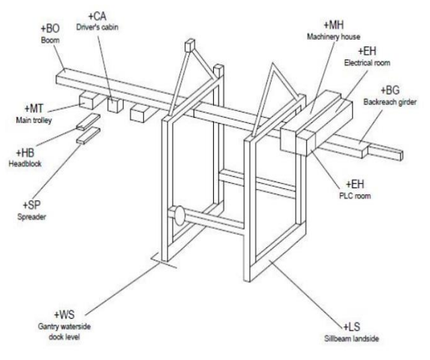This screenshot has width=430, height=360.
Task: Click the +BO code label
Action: [50, 28]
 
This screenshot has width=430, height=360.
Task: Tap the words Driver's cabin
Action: [98, 27]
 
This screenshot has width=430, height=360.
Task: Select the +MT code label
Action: [34, 109]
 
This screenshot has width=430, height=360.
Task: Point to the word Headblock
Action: [26, 163]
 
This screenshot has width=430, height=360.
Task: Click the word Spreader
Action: [32, 217]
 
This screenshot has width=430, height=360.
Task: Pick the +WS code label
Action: [65, 314]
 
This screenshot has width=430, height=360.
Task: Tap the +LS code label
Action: [352, 326]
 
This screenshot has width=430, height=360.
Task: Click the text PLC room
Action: [355, 196]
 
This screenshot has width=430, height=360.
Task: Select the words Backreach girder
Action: [390, 102]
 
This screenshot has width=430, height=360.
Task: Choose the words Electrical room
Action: [367, 62]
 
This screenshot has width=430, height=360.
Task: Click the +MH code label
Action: [333, 25]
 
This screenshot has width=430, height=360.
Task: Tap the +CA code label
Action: [98, 16]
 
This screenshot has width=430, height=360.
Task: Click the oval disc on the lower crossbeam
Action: [179, 216]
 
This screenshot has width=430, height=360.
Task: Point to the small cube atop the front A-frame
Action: [190, 46]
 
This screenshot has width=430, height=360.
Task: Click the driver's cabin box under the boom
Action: [116, 105]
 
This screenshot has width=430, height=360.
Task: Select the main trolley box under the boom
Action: [86, 100]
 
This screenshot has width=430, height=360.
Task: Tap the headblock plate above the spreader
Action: [89, 121]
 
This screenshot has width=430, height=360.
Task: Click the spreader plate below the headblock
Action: [89, 135]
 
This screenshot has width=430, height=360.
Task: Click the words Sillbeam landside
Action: [351, 338]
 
